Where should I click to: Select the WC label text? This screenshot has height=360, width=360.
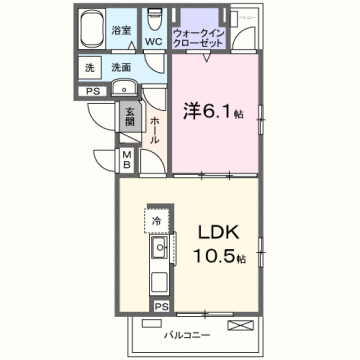(153, 42)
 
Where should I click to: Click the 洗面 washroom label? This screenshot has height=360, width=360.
(121, 68)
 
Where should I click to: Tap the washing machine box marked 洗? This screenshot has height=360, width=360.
(90, 68)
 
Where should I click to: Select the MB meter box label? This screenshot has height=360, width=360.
(127, 160)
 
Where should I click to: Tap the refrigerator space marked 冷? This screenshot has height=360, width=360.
(157, 218)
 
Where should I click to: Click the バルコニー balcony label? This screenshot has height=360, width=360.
(186, 336)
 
